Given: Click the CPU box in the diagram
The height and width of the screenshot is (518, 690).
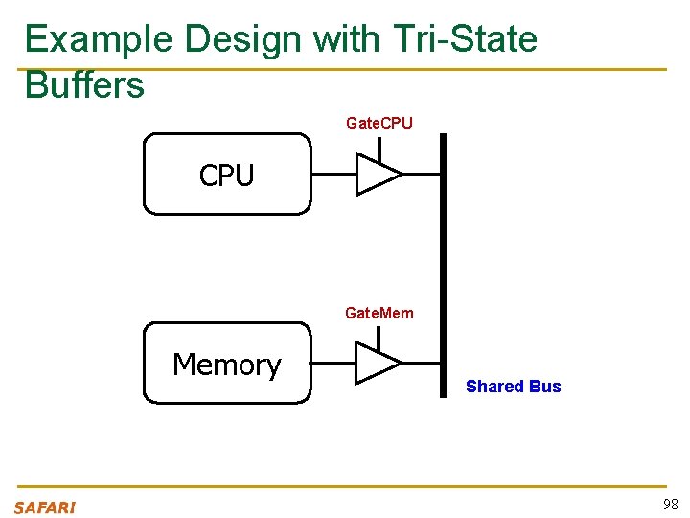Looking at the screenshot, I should tap(227, 174).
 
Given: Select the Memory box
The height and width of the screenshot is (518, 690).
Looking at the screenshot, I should tap(227, 364).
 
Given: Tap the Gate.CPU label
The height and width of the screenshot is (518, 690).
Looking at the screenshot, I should tap(379, 123).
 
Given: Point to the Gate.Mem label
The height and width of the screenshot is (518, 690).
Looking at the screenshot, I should tap(379, 313).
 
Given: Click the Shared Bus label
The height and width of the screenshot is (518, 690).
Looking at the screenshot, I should tap(513, 387).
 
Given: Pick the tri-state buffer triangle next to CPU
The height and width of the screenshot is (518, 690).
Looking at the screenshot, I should tap(377, 174).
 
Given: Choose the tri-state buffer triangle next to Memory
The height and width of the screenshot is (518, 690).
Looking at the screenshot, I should tap(377, 364).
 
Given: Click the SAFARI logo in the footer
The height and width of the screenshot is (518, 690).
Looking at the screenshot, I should tap(44, 507).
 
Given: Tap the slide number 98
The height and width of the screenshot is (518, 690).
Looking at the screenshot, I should tap(670, 505).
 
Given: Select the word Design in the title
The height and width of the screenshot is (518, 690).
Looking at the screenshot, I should tap(245, 39).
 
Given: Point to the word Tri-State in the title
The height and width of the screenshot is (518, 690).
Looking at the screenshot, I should tap(465, 39).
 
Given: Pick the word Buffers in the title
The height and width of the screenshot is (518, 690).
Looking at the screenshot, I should tap(84, 84).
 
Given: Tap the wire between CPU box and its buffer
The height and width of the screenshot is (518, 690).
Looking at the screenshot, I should tap(333, 174).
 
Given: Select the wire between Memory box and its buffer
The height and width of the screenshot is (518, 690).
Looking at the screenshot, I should tap(333, 364).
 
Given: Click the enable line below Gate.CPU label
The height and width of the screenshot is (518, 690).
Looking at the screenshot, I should tap(379, 149).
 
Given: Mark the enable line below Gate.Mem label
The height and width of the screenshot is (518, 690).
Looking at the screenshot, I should tap(379, 339).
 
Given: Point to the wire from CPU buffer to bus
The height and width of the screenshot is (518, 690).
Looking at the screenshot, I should tap(421, 174).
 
